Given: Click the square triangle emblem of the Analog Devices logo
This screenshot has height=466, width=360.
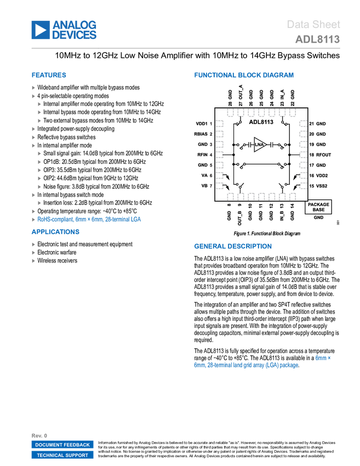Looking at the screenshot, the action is (x=41, y=30).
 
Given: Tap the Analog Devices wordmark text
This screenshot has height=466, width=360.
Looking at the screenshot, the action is (x=75, y=30).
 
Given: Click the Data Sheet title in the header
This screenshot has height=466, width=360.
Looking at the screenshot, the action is (x=314, y=25).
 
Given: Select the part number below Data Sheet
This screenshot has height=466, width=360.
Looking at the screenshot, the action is (x=317, y=39).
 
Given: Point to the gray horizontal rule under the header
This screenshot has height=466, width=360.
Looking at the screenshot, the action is (x=186, y=48).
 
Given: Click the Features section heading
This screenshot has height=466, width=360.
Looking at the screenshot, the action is (x=49, y=76).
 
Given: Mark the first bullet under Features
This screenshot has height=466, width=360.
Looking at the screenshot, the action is (x=34, y=88).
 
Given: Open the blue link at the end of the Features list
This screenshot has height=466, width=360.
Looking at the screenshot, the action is (x=89, y=219).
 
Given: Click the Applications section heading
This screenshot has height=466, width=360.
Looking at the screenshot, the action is (x=55, y=232).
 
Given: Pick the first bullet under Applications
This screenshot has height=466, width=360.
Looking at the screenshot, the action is (x=34, y=245).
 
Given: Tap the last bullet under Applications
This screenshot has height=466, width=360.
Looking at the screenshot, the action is (x=34, y=261).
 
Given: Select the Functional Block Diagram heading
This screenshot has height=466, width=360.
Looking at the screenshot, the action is (x=244, y=76).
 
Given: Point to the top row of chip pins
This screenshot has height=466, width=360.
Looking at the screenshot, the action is (x=262, y=114).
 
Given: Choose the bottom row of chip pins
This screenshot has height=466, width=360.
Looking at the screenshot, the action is (x=262, y=196).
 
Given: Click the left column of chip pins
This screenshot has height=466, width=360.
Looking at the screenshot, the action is (x=220, y=155).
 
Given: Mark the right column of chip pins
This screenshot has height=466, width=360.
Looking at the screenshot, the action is (x=303, y=155).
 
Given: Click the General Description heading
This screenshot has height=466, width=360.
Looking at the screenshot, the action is (x=232, y=247).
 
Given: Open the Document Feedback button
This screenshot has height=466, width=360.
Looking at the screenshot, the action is (x=62, y=445).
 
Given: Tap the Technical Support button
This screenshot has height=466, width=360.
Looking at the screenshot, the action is (x=62, y=456).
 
